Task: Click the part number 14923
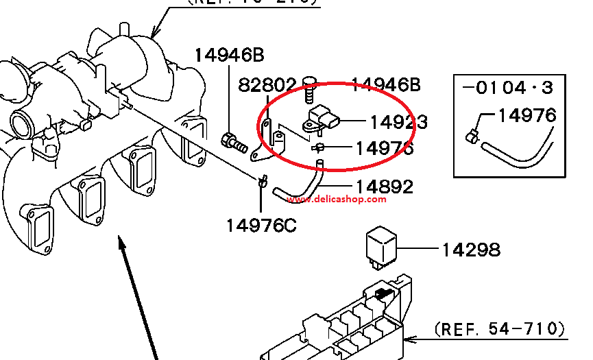click(398, 122)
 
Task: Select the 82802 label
click(267, 85)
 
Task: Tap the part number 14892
click(384, 187)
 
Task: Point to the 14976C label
click(261, 225)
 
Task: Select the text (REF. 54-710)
click(500, 329)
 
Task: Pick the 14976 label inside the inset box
click(527, 115)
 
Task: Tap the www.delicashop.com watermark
click(337, 200)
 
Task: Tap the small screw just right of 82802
click(311, 89)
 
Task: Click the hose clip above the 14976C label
click(261, 182)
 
